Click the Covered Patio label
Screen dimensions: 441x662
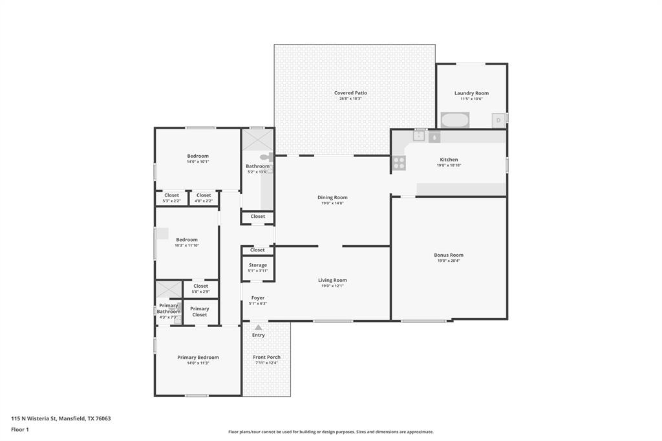pyautogui.click(x=350, y=93)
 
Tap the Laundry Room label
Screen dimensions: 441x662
pyautogui.click(x=471, y=93)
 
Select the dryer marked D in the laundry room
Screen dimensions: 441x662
pyautogui.click(x=498, y=120)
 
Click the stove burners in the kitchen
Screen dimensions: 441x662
pyautogui.click(x=399, y=163)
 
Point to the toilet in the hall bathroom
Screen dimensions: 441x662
pyautogui.click(x=266, y=157)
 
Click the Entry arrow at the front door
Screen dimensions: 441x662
pyautogui.click(x=259, y=327)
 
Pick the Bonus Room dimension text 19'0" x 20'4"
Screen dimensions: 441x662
pyautogui.click(x=448, y=261)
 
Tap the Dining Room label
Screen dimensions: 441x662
pyautogui.click(x=332, y=197)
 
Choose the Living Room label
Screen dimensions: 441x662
pyautogui.click(x=332, y=280)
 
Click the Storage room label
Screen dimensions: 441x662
pyautogui.click(x=258, y=265)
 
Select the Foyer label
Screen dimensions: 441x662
pyautogui.click(x=258, y=298)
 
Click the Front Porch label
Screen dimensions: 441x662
pyautogui.click(x=266, y=357)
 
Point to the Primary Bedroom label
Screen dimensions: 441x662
pyautogui.click(x=198, y=357)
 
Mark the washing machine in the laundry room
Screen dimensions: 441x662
pyautogui.click(x=456, y=120)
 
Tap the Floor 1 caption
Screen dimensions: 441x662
pyautogui.click(x=20, y=429)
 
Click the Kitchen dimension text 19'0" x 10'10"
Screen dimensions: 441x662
pyautogui.click(x=449, y=166)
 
